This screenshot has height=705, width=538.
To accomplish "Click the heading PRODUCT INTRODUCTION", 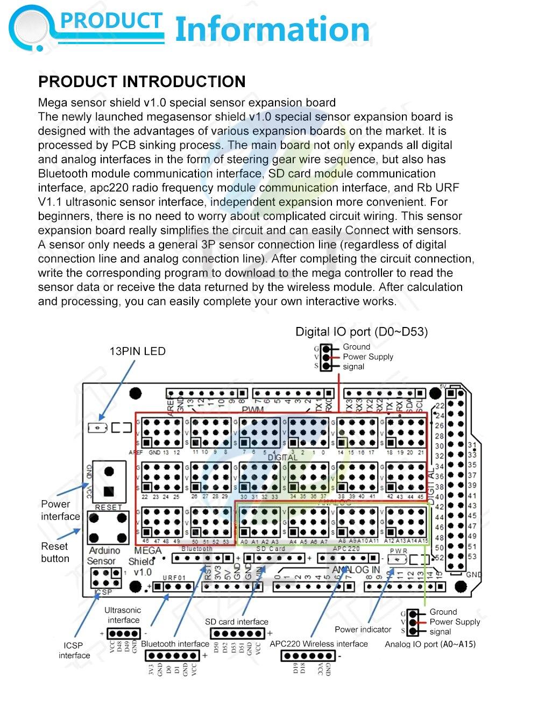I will pos(141,82).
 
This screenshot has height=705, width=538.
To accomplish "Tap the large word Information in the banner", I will pos(272,30).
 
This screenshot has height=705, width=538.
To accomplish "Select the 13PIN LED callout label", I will pos(137,352).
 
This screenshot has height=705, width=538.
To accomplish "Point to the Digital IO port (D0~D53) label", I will pos(362,332).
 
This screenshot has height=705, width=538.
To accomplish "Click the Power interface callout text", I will pos(60,510).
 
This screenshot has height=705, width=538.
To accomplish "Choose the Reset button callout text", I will pos(55,552).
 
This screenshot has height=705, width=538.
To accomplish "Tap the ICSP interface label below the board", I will pos(74,650).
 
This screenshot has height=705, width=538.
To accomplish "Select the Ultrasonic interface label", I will pos(123,615).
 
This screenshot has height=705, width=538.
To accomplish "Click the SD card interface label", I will pos(236,622).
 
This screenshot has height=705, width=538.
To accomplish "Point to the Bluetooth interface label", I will pos(175,644).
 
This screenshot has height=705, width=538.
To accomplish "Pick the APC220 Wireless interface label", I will pos(318,644).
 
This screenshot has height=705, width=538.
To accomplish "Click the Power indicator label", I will pos(363,629).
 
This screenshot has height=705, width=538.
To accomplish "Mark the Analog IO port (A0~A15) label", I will pos(430,644).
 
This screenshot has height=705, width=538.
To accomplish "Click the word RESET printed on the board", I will pos(108,507).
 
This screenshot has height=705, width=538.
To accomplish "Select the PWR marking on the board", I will pos(398,551).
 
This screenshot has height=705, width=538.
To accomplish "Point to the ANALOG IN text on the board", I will pos(356,569).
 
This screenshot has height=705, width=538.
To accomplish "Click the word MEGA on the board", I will pos(147,551).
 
